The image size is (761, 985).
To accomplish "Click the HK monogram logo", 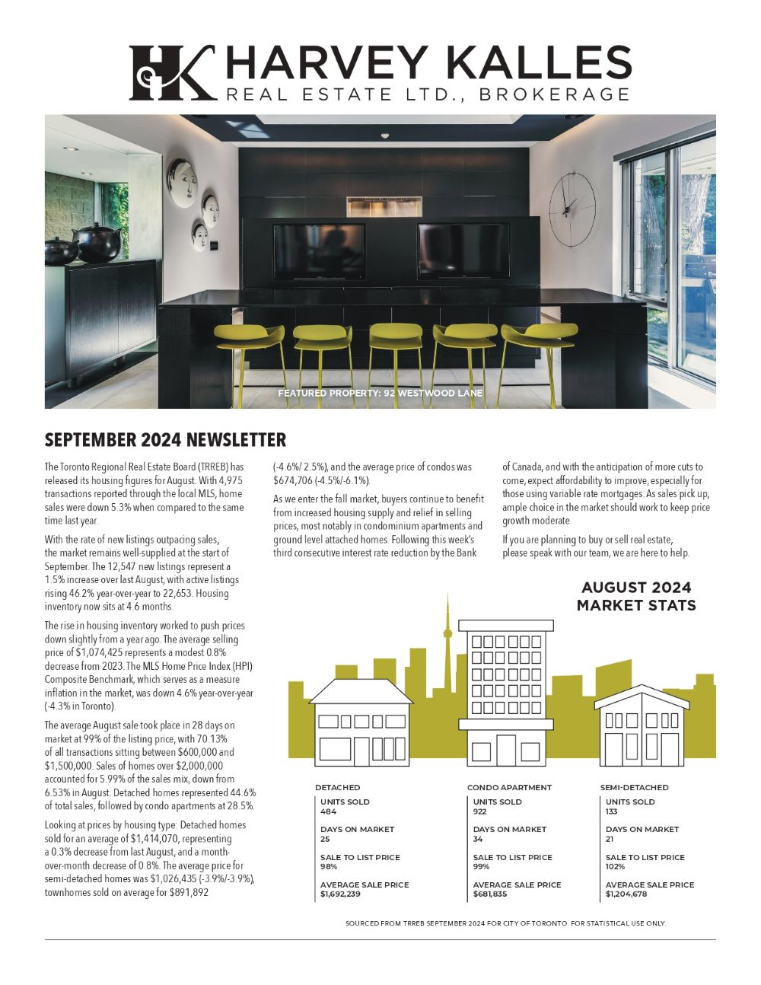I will pos(172,72).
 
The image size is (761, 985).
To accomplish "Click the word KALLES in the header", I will pos(546,62).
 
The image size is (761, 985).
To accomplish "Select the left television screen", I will pos(319,251).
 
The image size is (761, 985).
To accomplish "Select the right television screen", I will pos(463,251).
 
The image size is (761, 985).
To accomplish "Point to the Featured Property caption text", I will pos(380,394).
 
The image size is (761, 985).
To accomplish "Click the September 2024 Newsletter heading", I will pos(165,440).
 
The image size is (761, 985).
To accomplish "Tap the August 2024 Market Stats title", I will pos(636,596).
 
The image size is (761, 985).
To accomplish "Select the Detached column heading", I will pos(337,787).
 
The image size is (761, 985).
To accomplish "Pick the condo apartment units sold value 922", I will pos(479,811).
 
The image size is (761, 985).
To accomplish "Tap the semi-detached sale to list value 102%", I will pos(615,866).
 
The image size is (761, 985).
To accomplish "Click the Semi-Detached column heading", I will pos(634,787).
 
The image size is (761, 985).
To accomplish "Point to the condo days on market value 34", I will pos(478,839).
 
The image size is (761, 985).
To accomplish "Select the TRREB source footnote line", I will pos(505,923).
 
